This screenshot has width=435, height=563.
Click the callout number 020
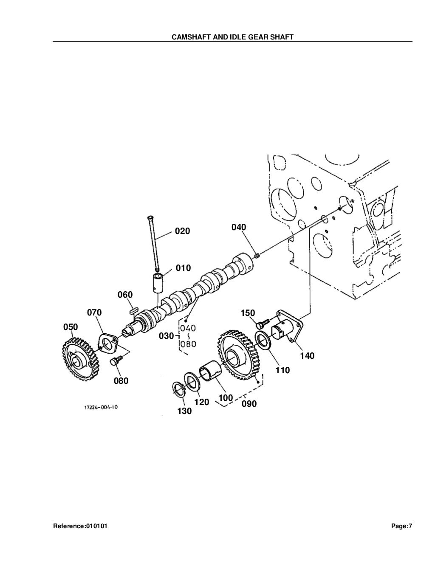(183, 231)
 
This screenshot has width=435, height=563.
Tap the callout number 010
(184, 268)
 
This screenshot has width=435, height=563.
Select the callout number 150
(248, 313)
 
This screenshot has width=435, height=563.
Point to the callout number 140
(307, 356)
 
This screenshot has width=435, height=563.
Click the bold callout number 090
(249, 404)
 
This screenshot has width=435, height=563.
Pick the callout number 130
(184, 411)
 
